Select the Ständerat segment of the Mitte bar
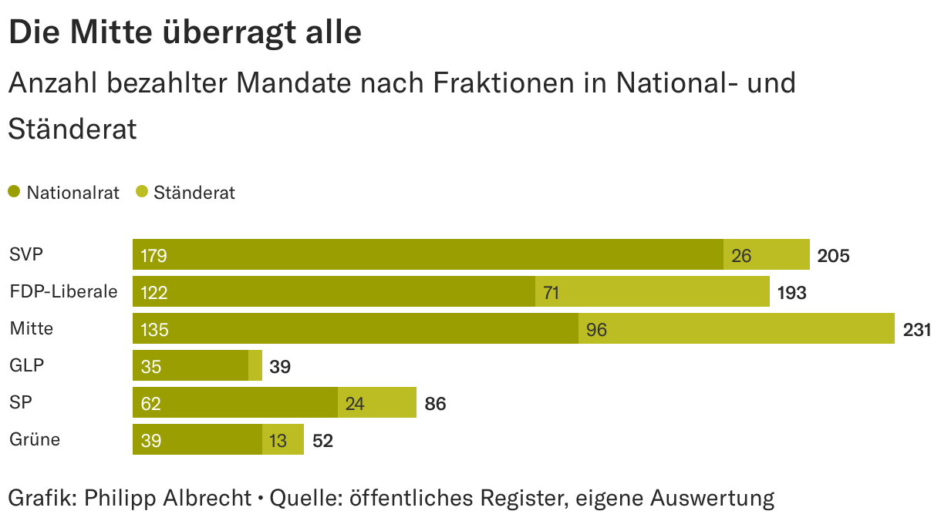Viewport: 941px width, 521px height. point(737,328)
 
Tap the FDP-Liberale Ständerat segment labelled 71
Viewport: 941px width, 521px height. point(653,291)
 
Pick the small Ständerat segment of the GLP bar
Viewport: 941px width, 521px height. point(255,365)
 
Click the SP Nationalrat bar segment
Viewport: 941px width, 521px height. point(235,402)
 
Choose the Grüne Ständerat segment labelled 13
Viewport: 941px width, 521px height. point(283,439)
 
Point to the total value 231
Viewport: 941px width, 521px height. point(917,330)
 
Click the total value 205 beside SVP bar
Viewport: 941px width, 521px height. point(833,256)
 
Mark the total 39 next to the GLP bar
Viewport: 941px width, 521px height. point(280,367)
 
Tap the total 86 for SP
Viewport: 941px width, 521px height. point(435,404)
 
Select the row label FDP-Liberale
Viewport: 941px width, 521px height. point(63,291)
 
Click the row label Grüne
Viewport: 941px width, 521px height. point(35,439)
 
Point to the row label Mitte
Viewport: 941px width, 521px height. point(32,328)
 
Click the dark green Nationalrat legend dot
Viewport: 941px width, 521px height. point(14,192)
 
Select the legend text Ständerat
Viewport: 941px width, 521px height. point(194,193)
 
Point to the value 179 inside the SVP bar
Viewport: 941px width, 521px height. point(154,256)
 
